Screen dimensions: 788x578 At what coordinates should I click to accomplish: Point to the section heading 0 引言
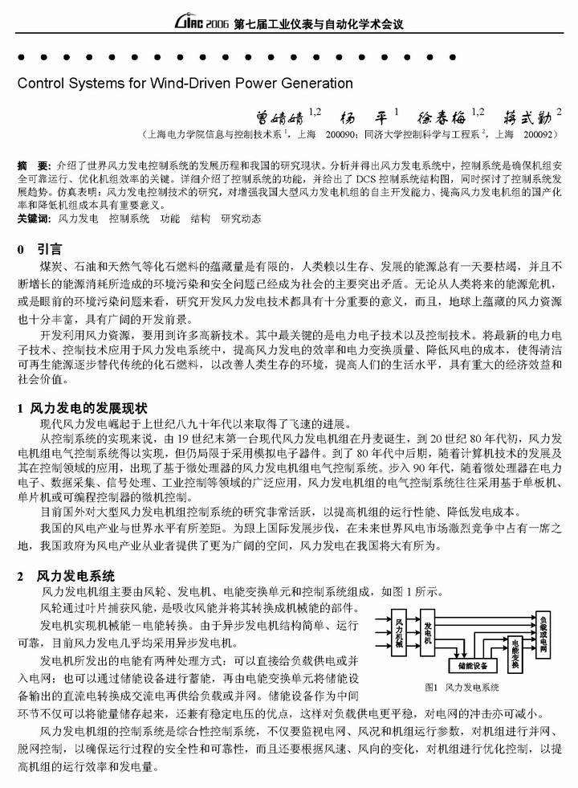(39, 250)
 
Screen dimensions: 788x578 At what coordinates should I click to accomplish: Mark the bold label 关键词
(33, 218)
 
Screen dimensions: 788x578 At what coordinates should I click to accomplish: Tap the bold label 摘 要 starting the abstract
(33, 165)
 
